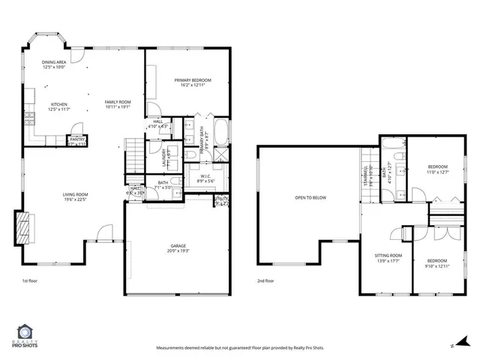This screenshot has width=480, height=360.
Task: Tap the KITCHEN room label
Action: [x=59, y=104]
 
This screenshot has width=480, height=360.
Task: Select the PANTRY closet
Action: [x=77, y=139]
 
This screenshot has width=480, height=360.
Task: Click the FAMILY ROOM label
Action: [x=118, y=102]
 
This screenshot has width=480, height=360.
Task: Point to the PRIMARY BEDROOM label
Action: [x=193, y=80]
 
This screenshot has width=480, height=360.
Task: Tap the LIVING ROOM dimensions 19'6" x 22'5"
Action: [x=75, y=200]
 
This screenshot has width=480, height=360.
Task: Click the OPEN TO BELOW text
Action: [x=310, y=198]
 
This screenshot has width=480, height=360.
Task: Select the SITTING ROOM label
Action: [x=388, y=256]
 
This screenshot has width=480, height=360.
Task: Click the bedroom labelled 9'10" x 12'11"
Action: [x=436, y=262]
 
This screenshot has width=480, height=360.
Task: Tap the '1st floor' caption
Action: [x=30, y=281]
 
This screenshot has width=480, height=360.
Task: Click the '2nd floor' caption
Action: [x=265, y=281]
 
